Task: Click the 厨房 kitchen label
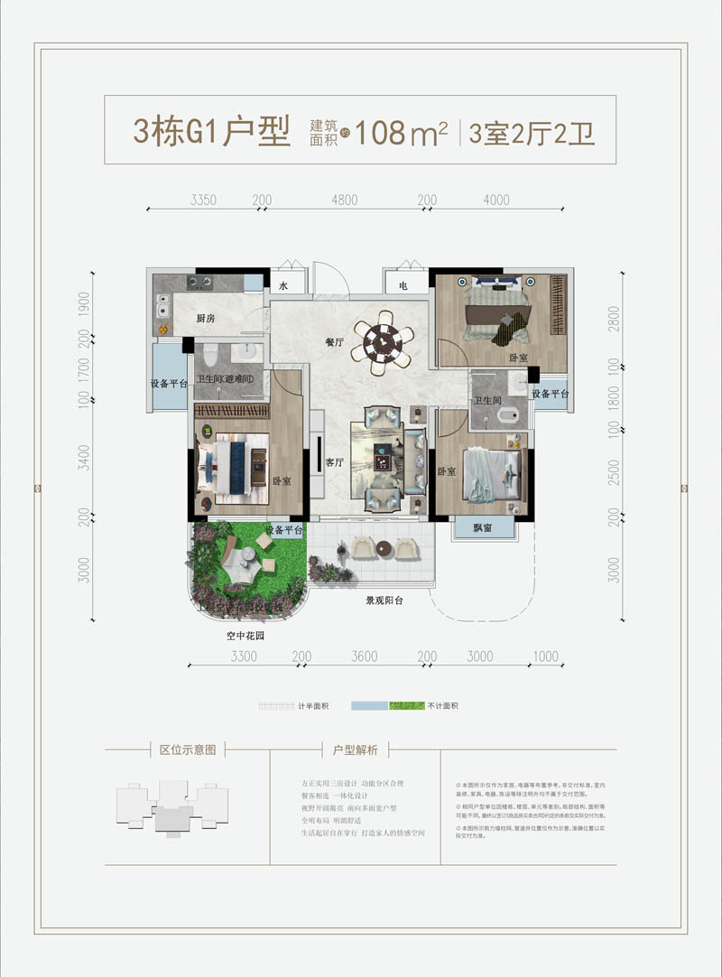tap(206, 319)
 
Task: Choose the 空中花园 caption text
tap(244, 636)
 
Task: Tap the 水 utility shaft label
tap(282, 286)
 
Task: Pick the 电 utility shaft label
tap(402, 286)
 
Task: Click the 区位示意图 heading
tap(188, 749)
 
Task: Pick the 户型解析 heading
tap(355, 749)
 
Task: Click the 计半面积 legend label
tap(312, 705)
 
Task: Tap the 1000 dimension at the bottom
tap(545, 656)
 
